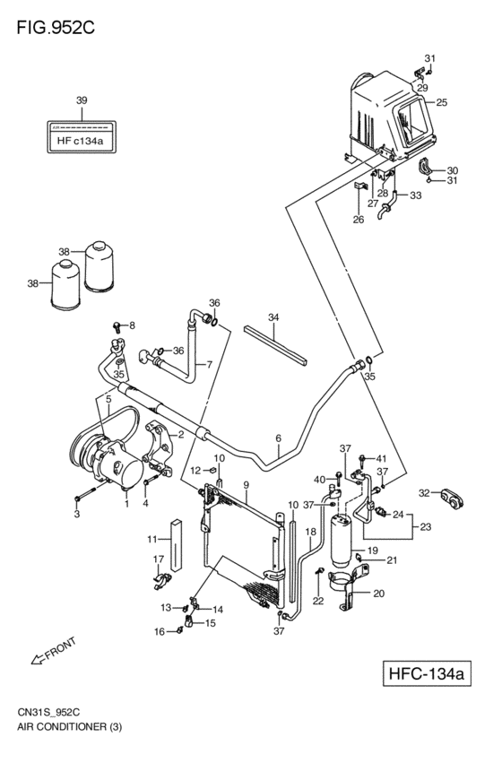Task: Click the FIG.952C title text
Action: tap(56, 28)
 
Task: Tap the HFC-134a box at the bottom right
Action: tap(427, 673)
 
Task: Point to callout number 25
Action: tap(441, 102)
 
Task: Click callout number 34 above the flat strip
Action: tap(273, 317)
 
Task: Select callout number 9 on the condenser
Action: tap(247, 485)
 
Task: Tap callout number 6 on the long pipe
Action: tap(278, 438)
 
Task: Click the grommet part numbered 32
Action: tap(453, 499)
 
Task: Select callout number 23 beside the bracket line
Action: tap(425, 527)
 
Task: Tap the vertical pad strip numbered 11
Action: tap(176, 545)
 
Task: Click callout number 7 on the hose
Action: tap(209, 365)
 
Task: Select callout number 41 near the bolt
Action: tap(381, 458)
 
